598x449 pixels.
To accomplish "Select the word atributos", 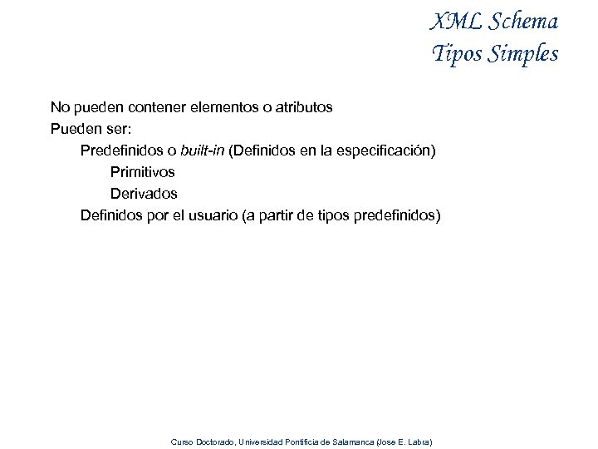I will tap(302, 107).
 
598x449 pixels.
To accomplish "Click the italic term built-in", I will tap(202, 150).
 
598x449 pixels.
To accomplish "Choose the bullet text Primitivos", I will tap(143, 172).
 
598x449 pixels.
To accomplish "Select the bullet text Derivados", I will tap(144, 194).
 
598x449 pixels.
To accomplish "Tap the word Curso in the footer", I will tap(180, 442).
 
